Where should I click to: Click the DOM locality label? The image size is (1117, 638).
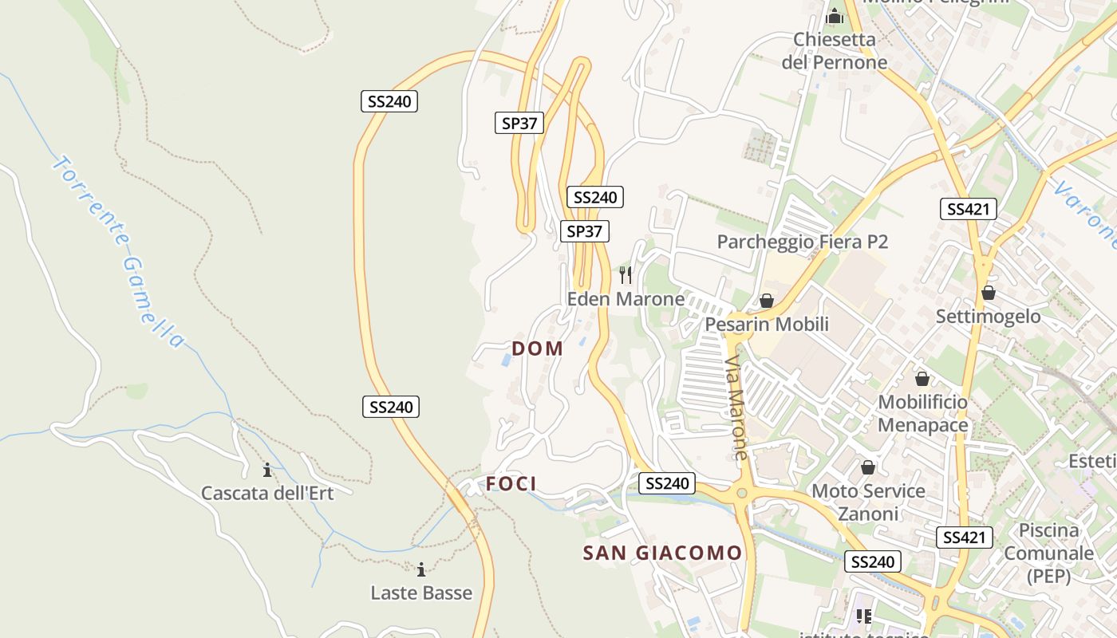537,349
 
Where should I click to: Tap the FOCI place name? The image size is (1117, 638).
511,484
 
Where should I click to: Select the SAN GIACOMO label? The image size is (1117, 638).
662,553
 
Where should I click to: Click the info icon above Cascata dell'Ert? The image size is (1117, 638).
267,470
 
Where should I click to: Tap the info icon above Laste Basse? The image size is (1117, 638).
421,569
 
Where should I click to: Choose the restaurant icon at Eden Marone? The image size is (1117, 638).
626,275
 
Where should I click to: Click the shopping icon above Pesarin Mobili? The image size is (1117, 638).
766,301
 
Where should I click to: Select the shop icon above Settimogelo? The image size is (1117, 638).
989,293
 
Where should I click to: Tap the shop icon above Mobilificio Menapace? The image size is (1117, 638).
922,379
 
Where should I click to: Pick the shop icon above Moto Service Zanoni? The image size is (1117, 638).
868,467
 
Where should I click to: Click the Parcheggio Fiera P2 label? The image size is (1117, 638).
802,242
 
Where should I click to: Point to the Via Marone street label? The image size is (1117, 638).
736,408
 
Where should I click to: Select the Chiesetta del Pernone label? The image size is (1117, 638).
834,50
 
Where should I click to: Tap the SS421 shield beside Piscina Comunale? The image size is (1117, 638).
965,538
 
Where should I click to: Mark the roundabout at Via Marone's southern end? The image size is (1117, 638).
742,494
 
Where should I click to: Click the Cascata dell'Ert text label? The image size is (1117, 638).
267,493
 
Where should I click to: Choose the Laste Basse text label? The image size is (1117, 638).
421,593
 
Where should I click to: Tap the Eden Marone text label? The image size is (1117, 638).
626,299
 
